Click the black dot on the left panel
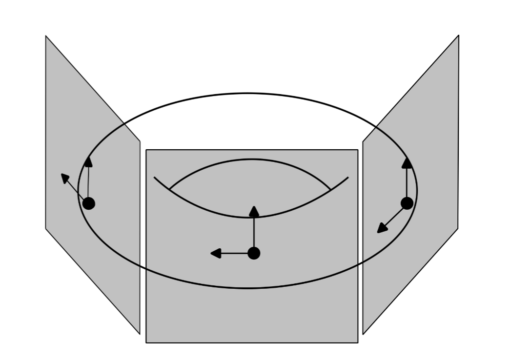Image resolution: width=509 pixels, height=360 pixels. [x=88, y=203]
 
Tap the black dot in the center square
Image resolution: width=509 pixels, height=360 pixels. [x=254, y=253]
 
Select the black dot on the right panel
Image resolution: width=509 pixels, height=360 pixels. [x=407, y=203]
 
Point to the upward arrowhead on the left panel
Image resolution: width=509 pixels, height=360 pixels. [x=88, y=162]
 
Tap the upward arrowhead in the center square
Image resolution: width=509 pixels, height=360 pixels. [x=254, y=211]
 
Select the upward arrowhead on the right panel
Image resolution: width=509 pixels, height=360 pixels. [x=407, y=163]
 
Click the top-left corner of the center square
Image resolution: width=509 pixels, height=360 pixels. [x=146, y=150]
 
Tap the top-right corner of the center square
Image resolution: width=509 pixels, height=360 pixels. [x=358, y=150]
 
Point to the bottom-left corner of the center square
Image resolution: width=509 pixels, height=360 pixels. [x=146, y=342]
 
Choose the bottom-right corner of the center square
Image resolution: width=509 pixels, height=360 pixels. [x=358, y=342]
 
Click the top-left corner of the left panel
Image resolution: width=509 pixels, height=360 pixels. [x=46, y=36]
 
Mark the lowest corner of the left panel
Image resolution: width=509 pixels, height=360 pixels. [x=140, y=334]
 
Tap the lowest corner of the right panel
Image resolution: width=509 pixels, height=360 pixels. [x=363, y=334]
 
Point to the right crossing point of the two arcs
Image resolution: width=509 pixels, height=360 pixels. [x=331, y=189]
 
